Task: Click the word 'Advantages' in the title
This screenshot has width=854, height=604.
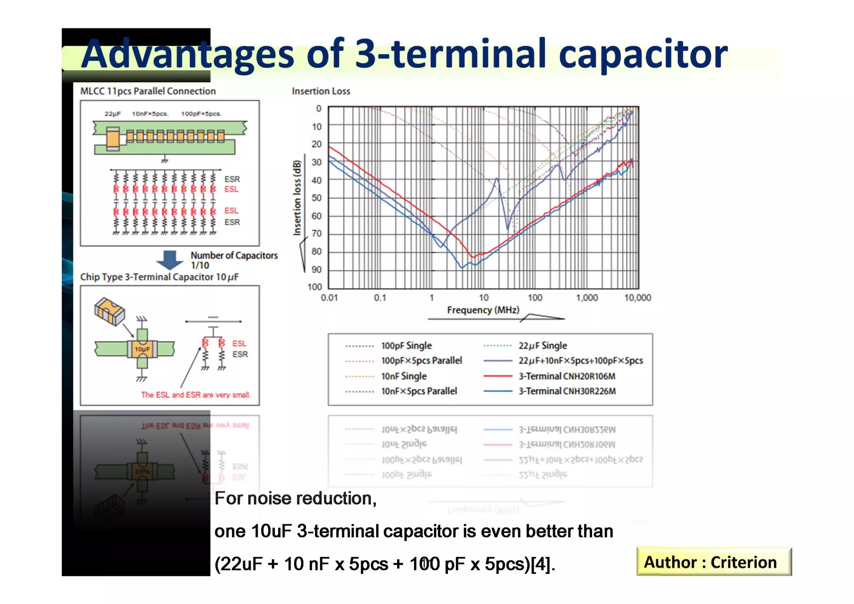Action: (x=188, y=54)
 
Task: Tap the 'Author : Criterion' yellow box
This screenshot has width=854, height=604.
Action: (x=713, y=562)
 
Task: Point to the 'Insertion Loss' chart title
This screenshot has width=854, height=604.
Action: (x=321, y=91)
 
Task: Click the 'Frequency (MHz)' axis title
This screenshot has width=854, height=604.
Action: (x=483, y=310)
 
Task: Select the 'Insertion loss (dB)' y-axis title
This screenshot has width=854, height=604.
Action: (x=297, y=198)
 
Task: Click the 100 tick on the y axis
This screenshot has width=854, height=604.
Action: (x=315, y=287)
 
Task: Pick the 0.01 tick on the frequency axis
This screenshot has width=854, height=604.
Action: (x=329, y=298)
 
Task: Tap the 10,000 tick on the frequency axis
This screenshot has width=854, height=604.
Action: (x=637, y=298)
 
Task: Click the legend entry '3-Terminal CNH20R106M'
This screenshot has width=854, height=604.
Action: (x=566, y=376)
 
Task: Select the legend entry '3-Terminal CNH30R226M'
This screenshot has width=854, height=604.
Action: (x=567, y=391)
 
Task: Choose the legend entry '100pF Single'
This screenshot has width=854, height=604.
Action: (x=406, y=346)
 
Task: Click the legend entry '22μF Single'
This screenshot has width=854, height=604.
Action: (x=543, y=346)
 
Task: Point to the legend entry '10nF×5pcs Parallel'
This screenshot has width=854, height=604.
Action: (x=419, y=391)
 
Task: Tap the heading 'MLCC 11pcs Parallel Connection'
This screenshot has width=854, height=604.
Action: (x=148, y=91)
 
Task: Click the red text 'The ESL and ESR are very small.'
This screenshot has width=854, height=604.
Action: (x=196, y=395)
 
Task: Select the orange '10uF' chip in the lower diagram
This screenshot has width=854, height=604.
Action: (x=142, y=349)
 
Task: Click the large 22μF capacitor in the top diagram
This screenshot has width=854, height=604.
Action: (x=113, y=138)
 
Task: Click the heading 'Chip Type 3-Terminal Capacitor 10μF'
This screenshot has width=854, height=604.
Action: (x=159, y=277)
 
